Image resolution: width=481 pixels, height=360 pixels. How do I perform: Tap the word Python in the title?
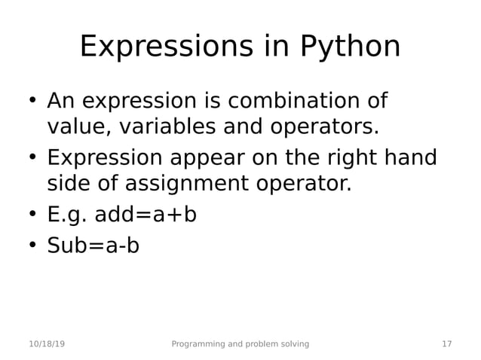click(350, 47)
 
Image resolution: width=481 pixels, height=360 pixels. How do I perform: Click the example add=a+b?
click(146, 215)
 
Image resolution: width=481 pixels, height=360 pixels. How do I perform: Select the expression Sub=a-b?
click(93, 246)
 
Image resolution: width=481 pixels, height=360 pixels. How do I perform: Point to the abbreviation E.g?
click(67, 215)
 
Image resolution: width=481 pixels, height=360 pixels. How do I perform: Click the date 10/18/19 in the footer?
click(47, 344)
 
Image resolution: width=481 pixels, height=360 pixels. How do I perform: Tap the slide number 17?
click(446, 344)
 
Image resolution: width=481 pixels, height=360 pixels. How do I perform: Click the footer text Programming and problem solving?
click(240, 344)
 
